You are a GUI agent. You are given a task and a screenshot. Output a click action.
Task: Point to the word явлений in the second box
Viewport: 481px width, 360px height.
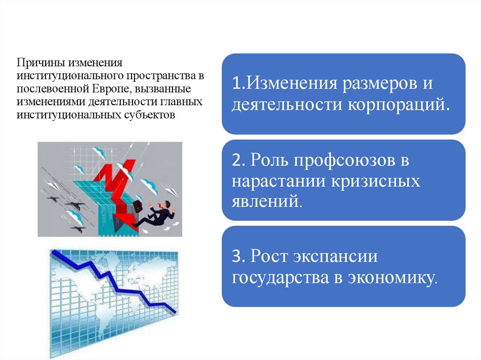(264, 202)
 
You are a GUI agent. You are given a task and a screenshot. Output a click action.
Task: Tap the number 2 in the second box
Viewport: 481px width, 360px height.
(236, 161)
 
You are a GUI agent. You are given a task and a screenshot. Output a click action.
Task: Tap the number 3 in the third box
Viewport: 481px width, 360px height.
(236, 257)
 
